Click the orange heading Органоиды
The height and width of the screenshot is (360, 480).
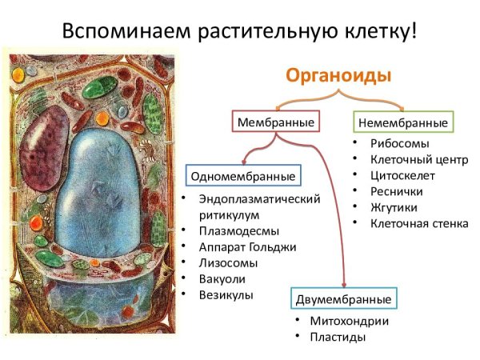339,76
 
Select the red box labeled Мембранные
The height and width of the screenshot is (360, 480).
275,122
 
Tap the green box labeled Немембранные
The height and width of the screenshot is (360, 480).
402,122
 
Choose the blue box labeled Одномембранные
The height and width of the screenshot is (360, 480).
242,176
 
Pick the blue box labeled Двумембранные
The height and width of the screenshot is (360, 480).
343,299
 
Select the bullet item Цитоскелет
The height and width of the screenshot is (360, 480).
402,175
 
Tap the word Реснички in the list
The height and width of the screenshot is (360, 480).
397,191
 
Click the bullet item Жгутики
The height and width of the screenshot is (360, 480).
394,207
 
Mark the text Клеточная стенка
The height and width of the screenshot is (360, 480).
419,223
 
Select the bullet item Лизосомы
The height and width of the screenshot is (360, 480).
227,263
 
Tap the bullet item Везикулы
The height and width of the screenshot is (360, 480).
226,295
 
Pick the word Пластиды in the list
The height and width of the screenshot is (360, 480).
338,337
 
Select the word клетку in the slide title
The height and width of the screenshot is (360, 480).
367,34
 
